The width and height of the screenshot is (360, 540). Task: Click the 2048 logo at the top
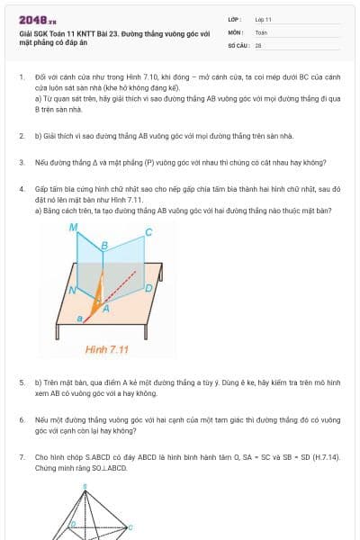click(33, 19)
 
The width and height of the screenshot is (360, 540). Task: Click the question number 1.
click(22, 78)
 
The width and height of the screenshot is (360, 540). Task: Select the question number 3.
click(22, 163)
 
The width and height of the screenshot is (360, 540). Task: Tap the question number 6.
click(22, 419)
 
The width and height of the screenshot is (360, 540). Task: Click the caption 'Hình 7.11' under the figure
click(107, 348)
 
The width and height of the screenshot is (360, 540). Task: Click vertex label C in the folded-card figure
click(148, 232)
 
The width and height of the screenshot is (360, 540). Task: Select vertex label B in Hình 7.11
click(104, 245)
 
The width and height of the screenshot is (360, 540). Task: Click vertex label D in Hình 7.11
click(148, 289)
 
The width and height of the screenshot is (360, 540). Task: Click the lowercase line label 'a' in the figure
click(78, 319)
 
